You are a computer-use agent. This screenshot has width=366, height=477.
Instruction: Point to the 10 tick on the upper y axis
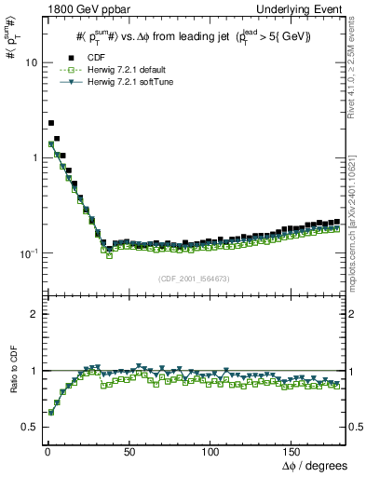tap(28, 62)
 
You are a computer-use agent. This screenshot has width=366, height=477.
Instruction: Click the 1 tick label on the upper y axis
tap(31, 157)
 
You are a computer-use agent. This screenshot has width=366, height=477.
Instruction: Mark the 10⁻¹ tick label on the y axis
tap(26, 252)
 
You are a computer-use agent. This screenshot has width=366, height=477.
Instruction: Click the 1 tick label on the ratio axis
tap(32, 371)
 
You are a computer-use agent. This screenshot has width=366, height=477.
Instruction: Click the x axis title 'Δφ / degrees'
tap(315, 465)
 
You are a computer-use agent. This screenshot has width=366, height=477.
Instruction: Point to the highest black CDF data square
tap(51, 123)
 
